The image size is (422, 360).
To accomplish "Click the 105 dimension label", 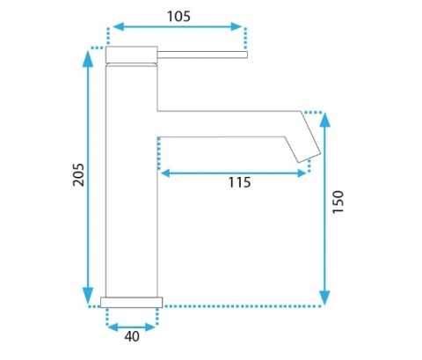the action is tap(178, 17).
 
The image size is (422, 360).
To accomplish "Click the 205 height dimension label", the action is tap(78, 174).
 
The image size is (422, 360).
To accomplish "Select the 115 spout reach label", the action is tap(239, 182).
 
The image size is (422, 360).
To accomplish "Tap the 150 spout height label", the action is tap(338, 202).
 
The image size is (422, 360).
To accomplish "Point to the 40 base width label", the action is tap(132, 336).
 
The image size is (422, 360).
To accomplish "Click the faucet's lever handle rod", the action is tap(202, 55).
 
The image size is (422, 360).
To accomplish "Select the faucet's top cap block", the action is tap(132, 55).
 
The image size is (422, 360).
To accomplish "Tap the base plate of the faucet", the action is tap(132, 303).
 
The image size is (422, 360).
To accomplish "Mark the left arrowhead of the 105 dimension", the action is tap(118, 26).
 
